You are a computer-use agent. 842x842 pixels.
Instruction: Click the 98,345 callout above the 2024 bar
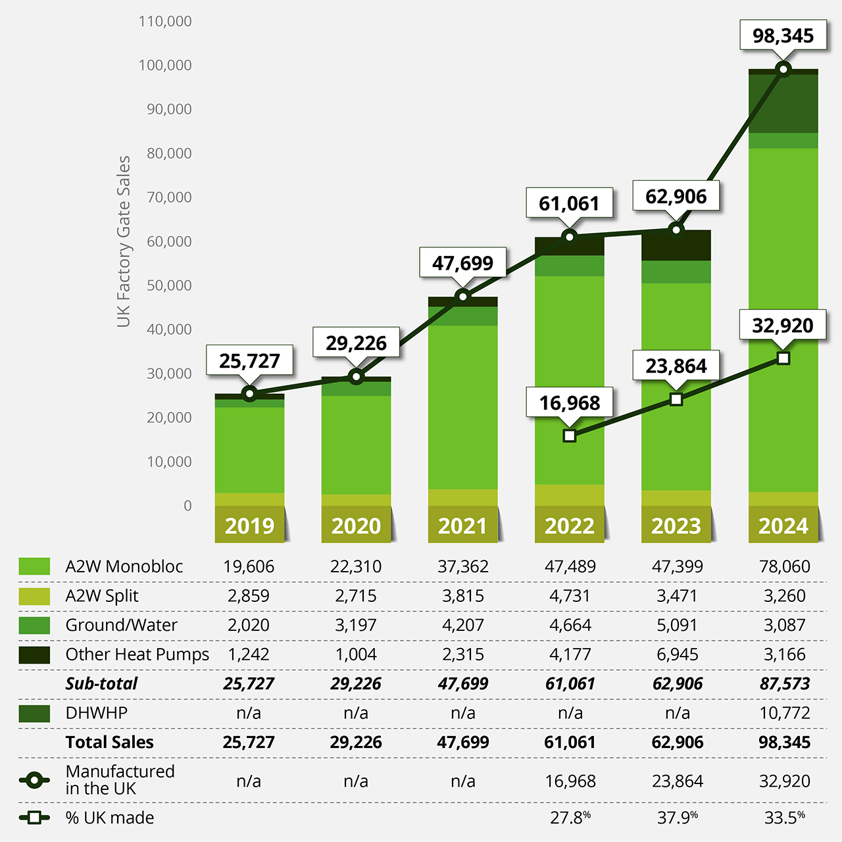[783, 36]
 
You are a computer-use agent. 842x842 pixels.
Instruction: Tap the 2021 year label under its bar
[462, 526]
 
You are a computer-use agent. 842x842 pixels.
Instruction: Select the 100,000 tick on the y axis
[165, 65]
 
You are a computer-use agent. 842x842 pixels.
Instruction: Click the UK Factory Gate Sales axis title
[124, 241]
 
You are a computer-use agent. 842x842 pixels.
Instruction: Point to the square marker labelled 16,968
[570, 435]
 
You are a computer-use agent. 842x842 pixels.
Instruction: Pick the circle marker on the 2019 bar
[249, 394]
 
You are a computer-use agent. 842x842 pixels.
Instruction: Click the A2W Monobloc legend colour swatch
[34, 566]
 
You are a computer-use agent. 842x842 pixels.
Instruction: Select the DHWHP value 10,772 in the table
[784, 713]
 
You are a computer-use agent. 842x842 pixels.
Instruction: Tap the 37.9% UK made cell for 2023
[677, 818]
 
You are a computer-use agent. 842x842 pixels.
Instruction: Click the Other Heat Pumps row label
[137, 655]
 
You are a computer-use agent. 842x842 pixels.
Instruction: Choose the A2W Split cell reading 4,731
[570, 596]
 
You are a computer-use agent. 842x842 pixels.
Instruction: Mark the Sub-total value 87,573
[784, 684]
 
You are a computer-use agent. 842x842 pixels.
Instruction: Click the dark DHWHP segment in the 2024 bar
[783, 104]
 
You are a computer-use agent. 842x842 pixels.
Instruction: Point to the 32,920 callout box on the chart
[783, 325]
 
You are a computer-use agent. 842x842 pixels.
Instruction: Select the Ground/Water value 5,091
[677, 625]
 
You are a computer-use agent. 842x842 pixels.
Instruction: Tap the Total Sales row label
[109, 743]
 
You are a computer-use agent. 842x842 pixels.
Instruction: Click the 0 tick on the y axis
[187, 506]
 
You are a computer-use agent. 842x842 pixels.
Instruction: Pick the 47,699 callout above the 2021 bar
[462, 263]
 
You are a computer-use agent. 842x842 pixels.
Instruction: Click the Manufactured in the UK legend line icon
[34, 781]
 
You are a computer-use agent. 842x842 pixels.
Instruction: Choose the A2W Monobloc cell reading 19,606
[249, 566]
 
